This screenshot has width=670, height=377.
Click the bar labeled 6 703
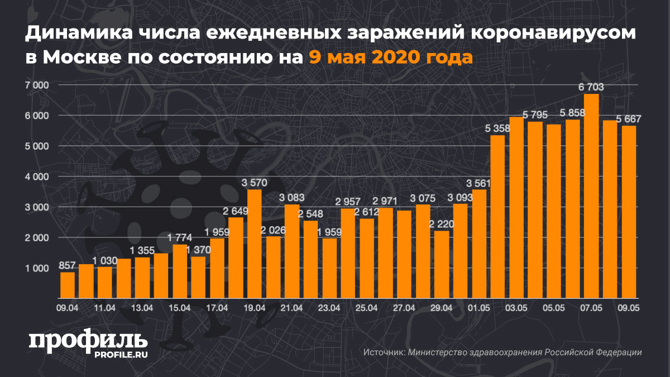tap(591, 195)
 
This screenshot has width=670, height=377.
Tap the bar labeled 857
tap(68, 284)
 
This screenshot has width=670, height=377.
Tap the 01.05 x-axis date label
tap(479, 308)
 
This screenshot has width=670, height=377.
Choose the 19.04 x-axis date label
tap(255, 308)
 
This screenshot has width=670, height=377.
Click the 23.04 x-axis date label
tap(329, 308)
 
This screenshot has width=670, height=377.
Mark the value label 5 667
tap(629, 118)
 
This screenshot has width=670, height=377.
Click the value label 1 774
tap(180, 237)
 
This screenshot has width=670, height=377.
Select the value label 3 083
tap(292, 197)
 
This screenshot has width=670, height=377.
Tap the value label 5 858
tap(572, 112)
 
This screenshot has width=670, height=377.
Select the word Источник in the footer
tap(383, 352)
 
